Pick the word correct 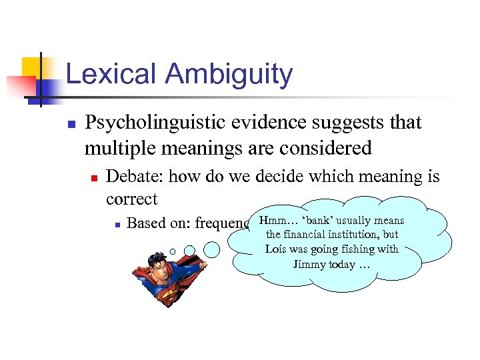click(132, 199)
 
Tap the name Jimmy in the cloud click(309, 264)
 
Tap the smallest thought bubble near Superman click(173, 252)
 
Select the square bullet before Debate click(94, 178)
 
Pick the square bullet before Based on click(116, 225)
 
